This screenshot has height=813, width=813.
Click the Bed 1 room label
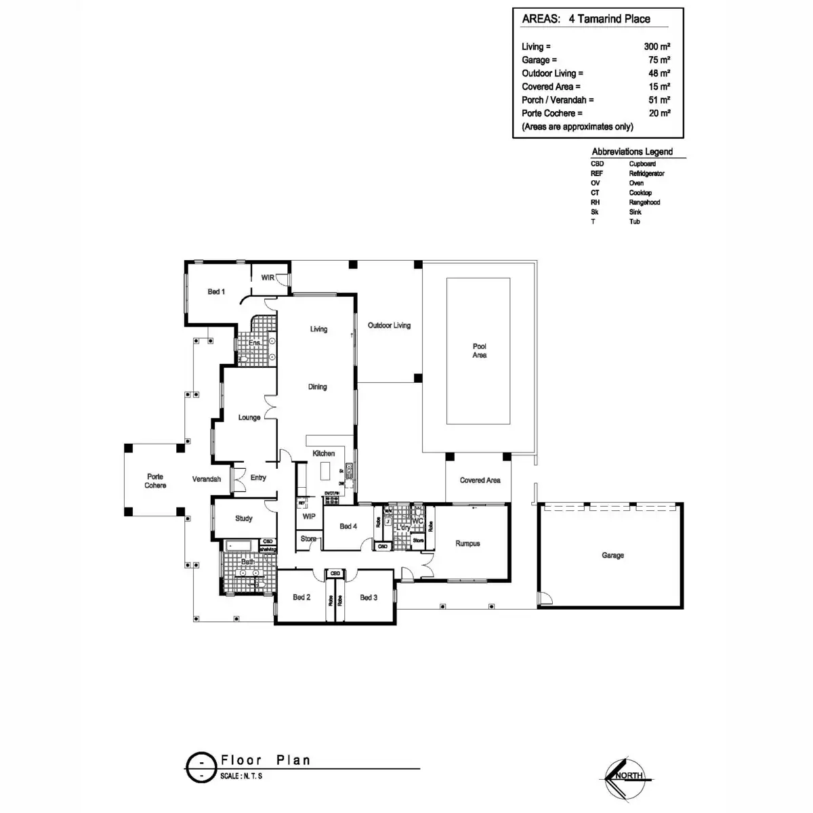click(x=216, y=291)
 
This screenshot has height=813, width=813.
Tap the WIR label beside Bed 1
click(x=268, y=278)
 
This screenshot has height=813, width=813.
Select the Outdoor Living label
click(x=389, y=325)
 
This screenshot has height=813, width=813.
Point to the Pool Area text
click(x=480, y=350)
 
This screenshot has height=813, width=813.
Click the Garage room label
click(x=612, y=555)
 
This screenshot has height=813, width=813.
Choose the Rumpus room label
click(x=467, y=543)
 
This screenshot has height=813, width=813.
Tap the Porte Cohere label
click(x=155, y=481)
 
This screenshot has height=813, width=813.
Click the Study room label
click(x=244, y=518)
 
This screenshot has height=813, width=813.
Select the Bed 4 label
click(x=348, y=526)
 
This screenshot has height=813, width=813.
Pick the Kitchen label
click(x=324, y=453)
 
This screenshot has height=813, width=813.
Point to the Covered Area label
click(x=480, y=480)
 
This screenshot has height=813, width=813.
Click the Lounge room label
click(x=249, y=417)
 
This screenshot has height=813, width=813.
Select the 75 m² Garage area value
click(x=659, y=60)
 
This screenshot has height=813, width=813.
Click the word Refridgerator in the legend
click(x=646, y=173)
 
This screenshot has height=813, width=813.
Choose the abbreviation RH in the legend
click(x=595, y=203)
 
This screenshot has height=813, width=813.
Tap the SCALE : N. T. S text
click(x=241, y=776)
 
